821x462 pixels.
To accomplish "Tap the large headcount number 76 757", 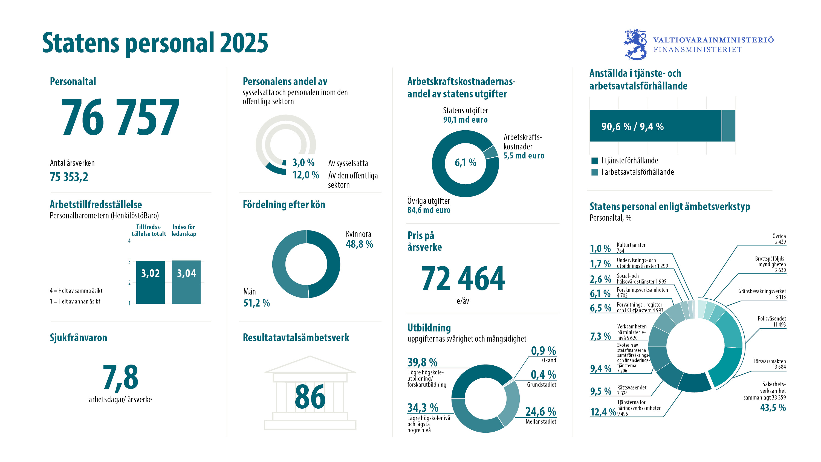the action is pyautogui.click(x=120, y=117).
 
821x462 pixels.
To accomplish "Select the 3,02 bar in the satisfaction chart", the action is pyautogui.click(x=151, y=282).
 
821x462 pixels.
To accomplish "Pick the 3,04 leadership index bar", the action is pyautogui.click(x=186, y=282).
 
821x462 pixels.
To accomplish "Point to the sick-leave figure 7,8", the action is pyautogui.click(x=120, y=377).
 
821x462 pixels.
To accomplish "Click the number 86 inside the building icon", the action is pyautogui.click(x=310, y=397).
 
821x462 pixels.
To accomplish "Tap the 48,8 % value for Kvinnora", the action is pyautogui.click(x=359, y=244).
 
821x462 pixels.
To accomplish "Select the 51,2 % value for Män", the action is pyautogui.click(x=257, y=303).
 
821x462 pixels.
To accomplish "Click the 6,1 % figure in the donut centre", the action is pyautogui.click(x=465, y=163).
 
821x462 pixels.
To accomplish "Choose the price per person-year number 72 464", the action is pyautogui.click(x=463, y=279).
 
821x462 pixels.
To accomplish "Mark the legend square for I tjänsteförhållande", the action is pyautogui.click(x=595, y=161).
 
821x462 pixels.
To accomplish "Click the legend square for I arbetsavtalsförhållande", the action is pyautogui.click(x=595, y=172).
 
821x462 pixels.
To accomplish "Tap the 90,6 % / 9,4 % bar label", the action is pyautogui.click(x=632, y=126).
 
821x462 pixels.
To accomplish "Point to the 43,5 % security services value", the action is pyautogui.click(x=773, y=408).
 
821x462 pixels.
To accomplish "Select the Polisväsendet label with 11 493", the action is pyautogui.click(x=771, y=322).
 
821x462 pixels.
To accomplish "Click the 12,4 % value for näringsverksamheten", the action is pyautogui.click(x=603, y=412).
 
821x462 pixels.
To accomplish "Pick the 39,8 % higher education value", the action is pyautogui.click(x=422, y=362).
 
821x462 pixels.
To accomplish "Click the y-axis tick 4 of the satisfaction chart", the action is pyautogui.click(x=129, y=241).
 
